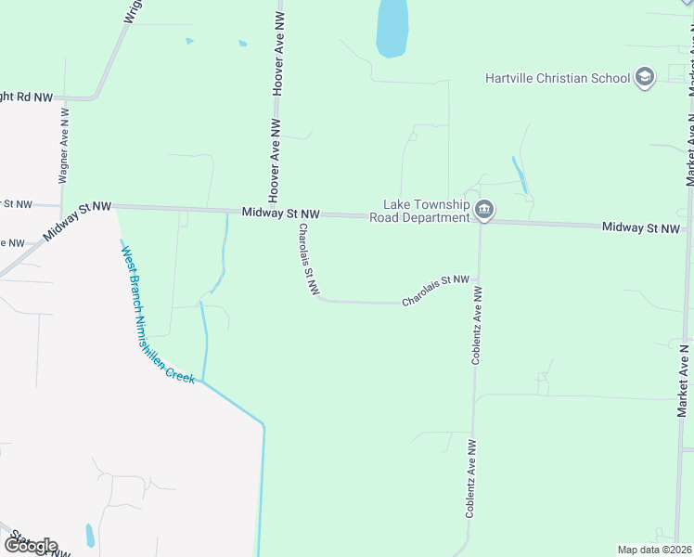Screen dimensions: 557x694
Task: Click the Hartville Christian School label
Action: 557,78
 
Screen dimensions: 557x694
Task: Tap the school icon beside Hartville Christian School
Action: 645,77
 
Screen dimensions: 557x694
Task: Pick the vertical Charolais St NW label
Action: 305,259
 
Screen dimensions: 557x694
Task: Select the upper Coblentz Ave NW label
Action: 477,325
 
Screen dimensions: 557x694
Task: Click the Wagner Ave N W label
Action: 64,154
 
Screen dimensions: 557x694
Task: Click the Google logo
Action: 30,546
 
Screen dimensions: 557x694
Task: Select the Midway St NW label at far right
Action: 641,227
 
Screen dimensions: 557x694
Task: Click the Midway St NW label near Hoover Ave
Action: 280,214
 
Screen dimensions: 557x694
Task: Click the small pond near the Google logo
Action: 90,536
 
